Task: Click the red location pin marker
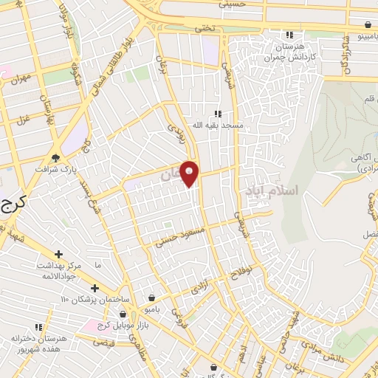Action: pyautogui.click(x=190, y=173)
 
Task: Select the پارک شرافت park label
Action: pyautogui.click(x=55, y=169)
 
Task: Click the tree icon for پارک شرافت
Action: pyautogui.click(x=55, y=157)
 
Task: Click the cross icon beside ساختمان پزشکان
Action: pyautogui.click(x=94, y=288)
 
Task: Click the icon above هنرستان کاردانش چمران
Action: pyautogui.click(x=289, y=35)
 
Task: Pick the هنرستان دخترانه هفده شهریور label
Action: pyautogui.click(x=39, y=342)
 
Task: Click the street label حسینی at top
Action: pyautogui.click(x=232, y=4)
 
